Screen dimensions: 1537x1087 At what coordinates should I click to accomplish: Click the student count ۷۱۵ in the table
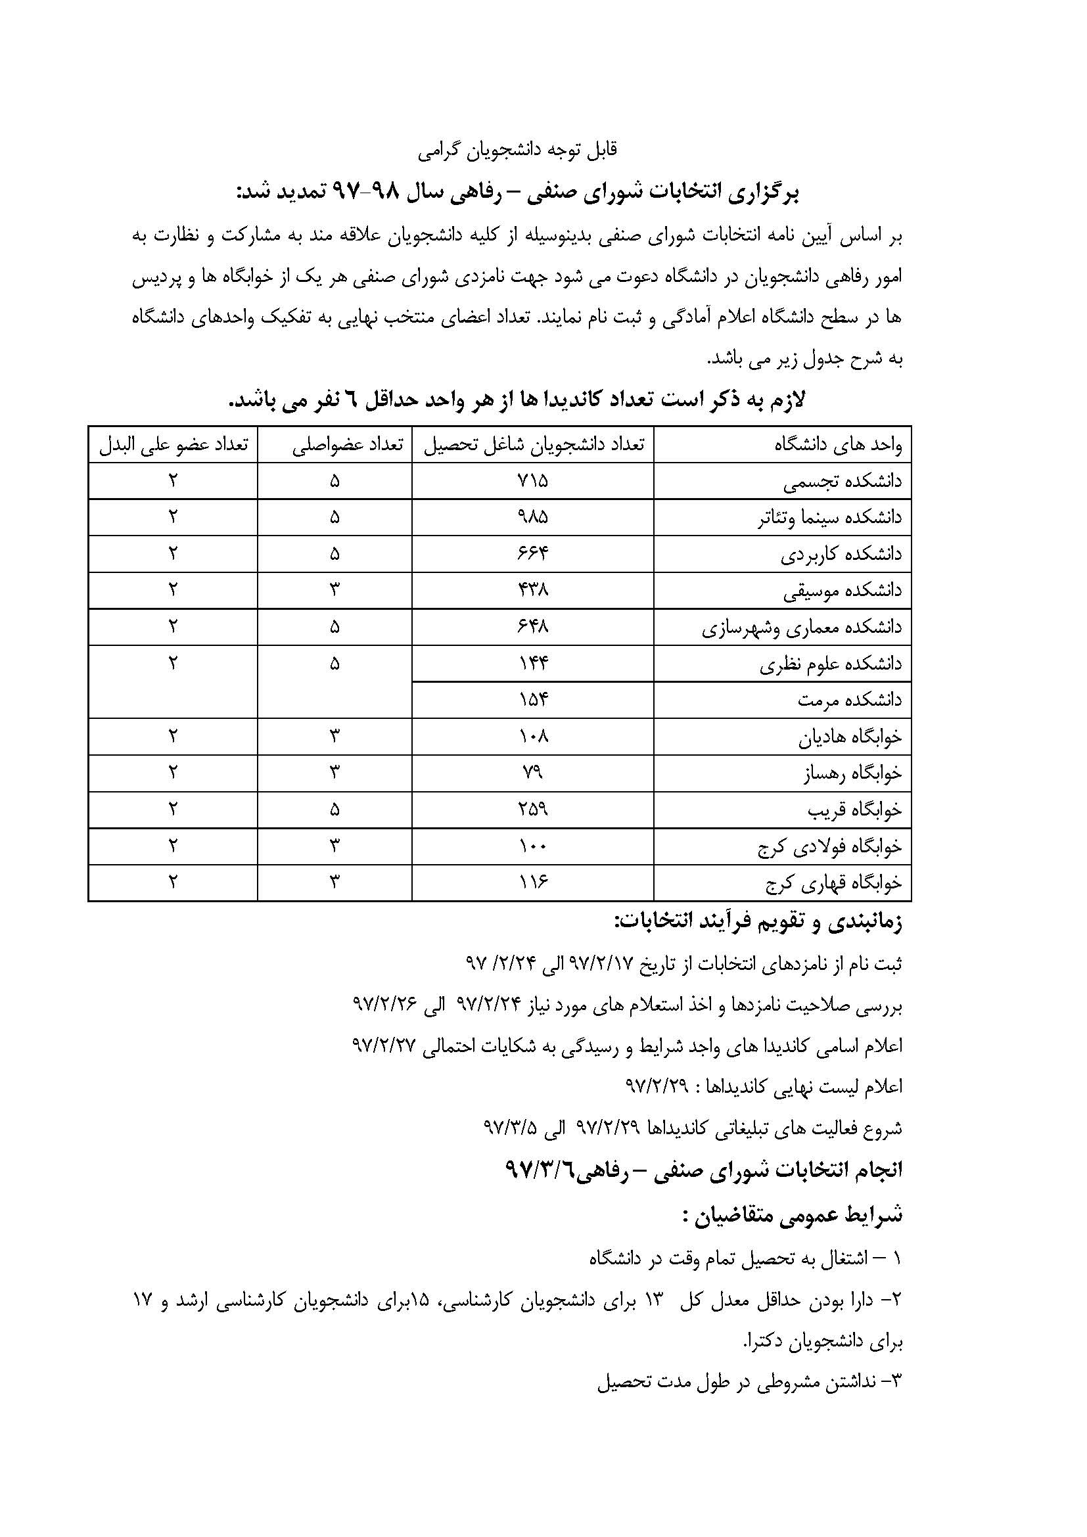(533, 480)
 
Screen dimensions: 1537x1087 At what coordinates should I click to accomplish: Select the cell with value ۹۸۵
(533, 516)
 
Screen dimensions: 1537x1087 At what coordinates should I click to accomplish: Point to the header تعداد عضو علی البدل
(173, 444)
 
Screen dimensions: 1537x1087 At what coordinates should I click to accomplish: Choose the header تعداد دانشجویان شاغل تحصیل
(534, 444)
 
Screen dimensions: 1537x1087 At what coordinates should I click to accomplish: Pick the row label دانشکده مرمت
(849, 700)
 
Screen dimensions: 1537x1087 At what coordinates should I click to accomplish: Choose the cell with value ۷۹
(533, 773)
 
